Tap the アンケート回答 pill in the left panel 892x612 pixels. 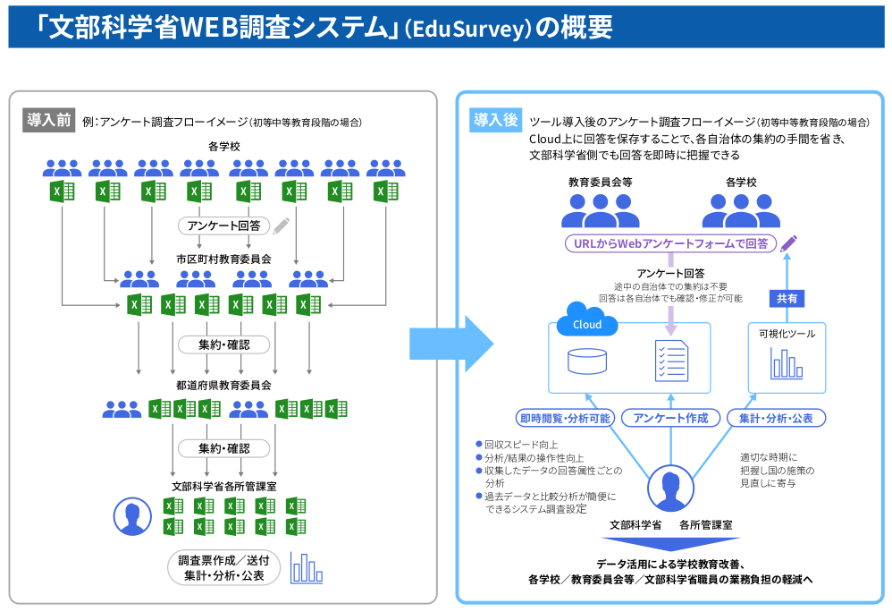(224, 225)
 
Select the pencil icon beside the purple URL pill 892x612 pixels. (788, 242)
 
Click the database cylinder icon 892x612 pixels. (586, 361)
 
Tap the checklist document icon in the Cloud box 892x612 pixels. (671, 360)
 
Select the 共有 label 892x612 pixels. (787, 299)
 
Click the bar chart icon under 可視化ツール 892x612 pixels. (787, 363)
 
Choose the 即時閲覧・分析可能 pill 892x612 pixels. (565, 418)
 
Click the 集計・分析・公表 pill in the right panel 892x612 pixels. (776, 418)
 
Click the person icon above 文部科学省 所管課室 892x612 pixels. (670, 489)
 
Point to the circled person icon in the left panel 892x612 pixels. (132, 516)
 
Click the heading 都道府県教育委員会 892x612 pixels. (223, 386)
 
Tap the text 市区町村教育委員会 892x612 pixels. (223, 259)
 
